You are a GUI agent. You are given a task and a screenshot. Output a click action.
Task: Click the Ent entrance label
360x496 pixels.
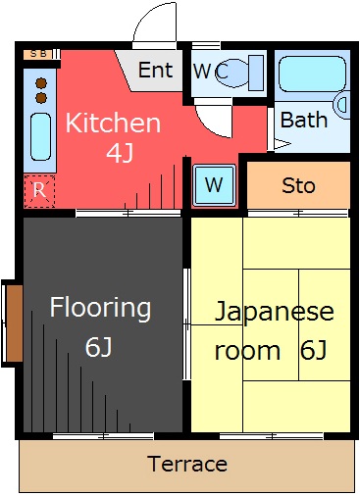(x=155, y=70)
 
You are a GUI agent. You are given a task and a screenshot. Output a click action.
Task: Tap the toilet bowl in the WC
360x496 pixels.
(x=232, y=74)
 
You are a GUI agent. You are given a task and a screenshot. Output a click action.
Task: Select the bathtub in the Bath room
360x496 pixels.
(x=312, y=74)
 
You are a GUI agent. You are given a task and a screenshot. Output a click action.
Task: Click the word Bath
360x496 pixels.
(x=304, y=120)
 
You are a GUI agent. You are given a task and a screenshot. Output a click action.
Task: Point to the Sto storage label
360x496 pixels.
(x=298, y=185)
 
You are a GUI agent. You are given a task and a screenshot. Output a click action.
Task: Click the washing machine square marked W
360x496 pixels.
(x=214, y=185)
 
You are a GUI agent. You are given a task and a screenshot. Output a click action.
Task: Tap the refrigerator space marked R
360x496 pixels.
(x=39, y=191)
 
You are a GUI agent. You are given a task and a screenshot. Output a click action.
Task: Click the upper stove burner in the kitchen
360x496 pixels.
(x=41, y=83)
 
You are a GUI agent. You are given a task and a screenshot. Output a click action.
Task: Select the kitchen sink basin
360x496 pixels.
(x=41, y=137)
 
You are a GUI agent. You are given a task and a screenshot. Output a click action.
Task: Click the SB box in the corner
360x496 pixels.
(x=38, y=54)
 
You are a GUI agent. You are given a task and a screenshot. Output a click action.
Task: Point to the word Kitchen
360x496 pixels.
(x=113, y=123)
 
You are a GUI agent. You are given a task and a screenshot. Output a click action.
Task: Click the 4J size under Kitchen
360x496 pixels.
(x=120, y=153)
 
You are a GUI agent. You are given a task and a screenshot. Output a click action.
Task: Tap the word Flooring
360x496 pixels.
(x=100, y=308)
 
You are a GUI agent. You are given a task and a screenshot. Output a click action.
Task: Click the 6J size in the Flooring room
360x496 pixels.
(x=98, y=347)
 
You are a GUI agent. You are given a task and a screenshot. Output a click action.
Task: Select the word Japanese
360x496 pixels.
(x=274, y=312)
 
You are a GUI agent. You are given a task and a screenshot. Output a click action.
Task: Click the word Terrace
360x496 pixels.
(x=187, y=464)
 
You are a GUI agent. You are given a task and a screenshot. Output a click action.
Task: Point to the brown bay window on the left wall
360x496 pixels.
(x=15, y=323)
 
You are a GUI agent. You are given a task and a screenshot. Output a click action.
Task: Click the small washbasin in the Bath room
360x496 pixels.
(x=342, y=105)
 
